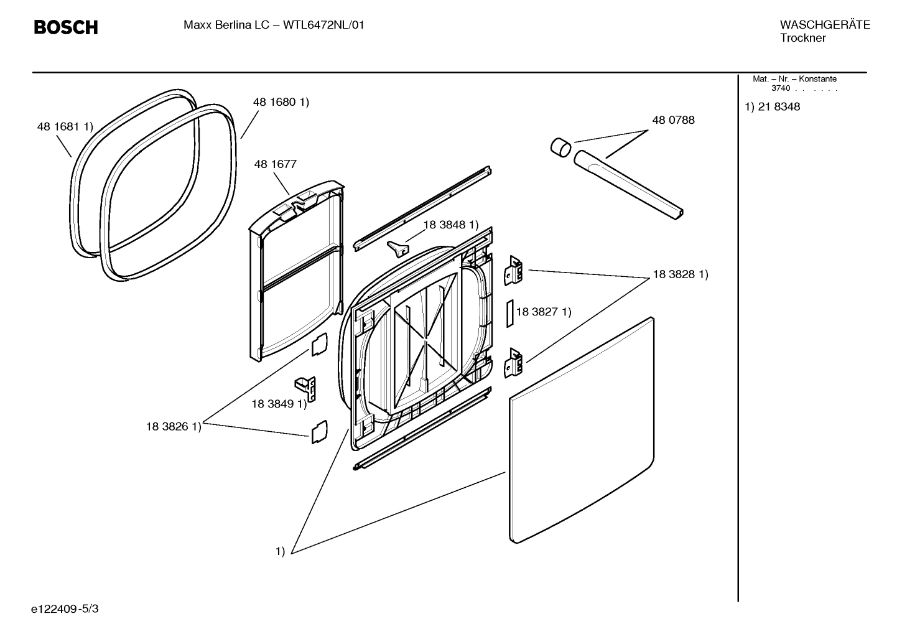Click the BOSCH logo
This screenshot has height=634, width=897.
(x=65, y=27)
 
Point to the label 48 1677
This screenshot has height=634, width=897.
(x=275, y=164)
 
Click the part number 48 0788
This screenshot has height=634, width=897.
(x=673, y=120)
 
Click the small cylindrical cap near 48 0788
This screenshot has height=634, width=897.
(x=561, y=147)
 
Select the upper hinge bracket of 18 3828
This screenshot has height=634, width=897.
(x=513, y=271)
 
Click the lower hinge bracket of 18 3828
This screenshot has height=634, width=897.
(x=513, y=363)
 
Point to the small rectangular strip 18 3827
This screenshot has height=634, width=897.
(x=509, y=313)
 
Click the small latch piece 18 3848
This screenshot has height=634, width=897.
(x=397, y=248)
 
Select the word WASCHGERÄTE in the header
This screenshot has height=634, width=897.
(x=824, y=25)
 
